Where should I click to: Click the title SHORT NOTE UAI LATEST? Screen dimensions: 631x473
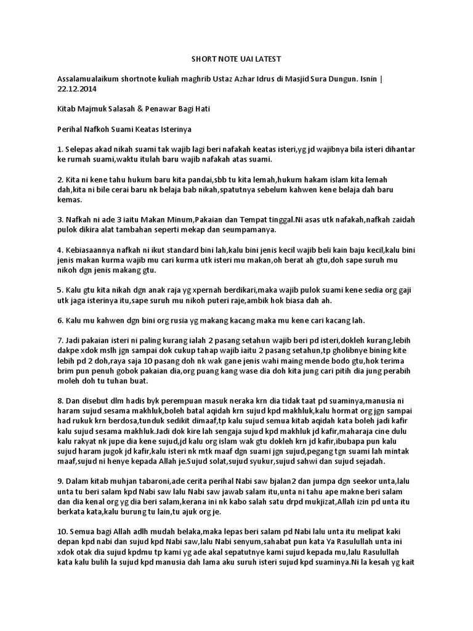[x=236, y=59]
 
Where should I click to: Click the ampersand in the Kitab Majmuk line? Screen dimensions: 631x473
[x=145, y=108]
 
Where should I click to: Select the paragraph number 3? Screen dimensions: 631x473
[x=59, y=220]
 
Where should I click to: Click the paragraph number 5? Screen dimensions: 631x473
[x=59, y=290]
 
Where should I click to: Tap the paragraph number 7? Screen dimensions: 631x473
[x=59, y=341]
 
